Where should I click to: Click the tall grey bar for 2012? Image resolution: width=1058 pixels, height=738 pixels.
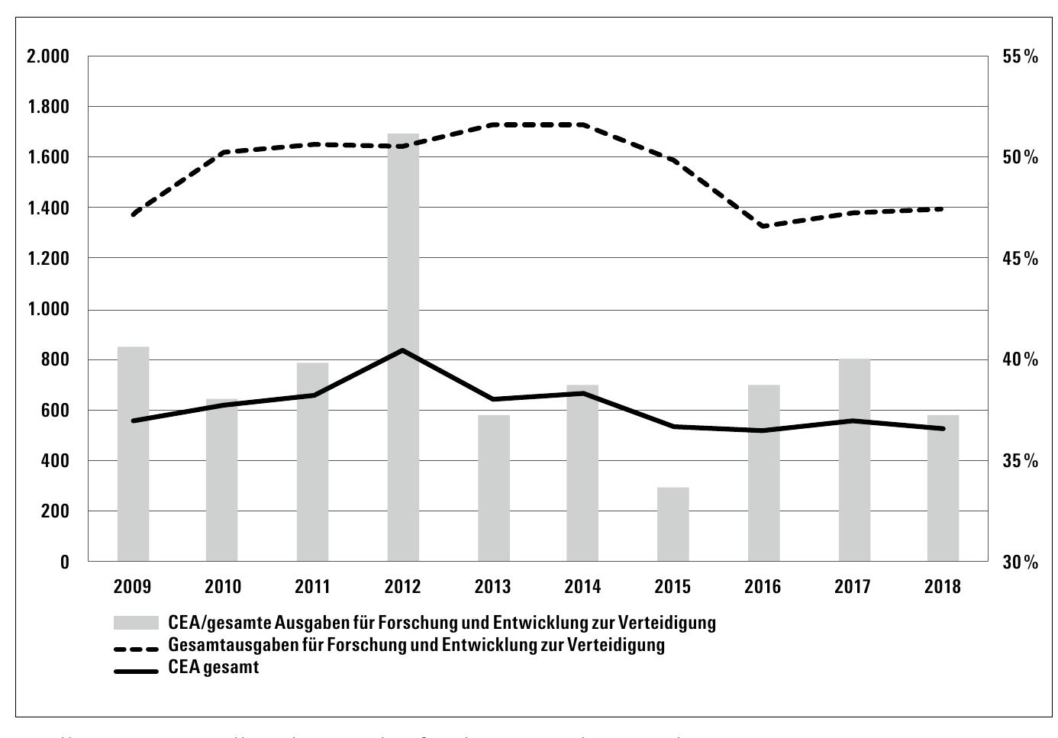403,347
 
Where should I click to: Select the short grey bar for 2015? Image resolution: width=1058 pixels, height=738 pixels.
673,524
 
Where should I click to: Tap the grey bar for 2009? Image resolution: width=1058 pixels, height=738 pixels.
133,454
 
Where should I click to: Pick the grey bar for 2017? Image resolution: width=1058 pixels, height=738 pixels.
853,460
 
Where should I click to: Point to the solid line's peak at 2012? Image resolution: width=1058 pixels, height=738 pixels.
403,350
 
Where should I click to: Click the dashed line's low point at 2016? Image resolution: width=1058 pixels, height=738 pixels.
763,226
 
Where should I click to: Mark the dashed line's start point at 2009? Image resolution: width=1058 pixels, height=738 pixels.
133,214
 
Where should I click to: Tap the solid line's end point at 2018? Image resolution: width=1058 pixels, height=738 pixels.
943,428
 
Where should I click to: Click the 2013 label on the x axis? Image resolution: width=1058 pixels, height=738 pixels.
492,587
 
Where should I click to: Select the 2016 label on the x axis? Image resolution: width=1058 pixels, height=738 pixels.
763,587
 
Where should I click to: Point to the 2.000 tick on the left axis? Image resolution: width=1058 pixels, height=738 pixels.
47,56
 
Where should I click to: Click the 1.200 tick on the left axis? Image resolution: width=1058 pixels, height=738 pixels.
47,259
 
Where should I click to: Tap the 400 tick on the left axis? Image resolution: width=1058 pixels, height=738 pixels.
54,461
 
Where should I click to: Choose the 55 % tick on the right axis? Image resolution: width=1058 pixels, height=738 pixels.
1021,56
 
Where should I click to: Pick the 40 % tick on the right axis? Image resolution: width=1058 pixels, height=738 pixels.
1021,359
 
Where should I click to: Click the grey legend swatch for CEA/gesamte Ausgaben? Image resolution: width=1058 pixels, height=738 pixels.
136,623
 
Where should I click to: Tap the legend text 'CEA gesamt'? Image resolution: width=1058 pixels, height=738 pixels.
214,668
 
